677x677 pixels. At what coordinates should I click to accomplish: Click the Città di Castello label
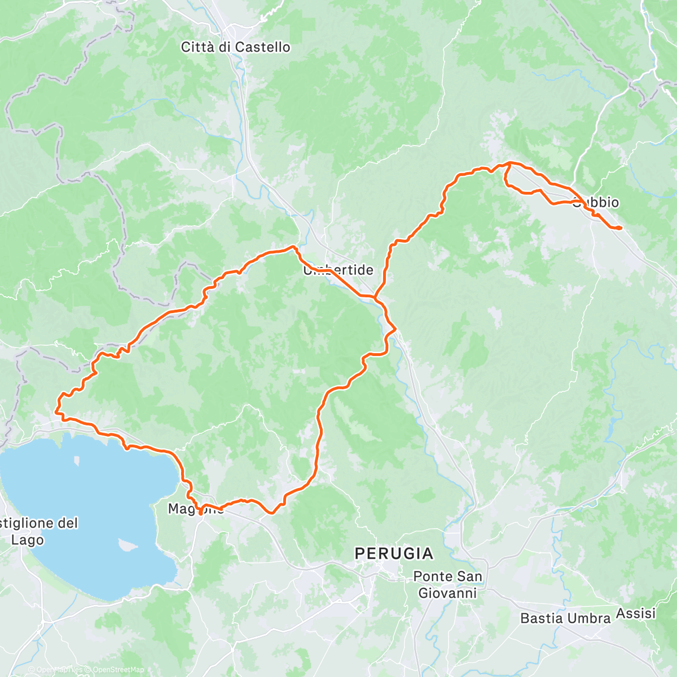(235, 47)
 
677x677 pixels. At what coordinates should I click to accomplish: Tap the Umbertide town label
(338, 270)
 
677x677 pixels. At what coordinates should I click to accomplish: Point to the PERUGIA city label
(394, 554)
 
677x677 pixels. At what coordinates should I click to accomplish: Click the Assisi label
(636, 613)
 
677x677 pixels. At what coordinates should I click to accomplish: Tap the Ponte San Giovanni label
(447, 584)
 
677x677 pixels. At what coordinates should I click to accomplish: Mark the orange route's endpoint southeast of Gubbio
(619, 228)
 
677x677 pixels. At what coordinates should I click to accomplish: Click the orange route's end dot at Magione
(201, 513)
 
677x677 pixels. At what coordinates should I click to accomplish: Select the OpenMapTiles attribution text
(57, 670)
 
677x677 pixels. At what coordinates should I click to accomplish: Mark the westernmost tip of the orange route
(56, 412)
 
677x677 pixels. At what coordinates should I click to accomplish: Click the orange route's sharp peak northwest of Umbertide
(293, 247)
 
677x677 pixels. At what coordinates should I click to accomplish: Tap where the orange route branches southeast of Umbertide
(375, 296)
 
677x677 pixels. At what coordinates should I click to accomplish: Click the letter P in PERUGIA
(359, 554)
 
